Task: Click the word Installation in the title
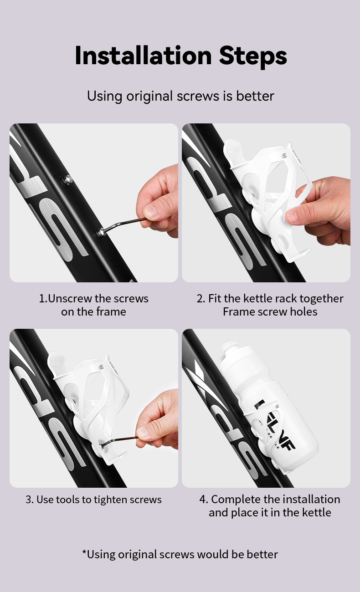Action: pos(143,56)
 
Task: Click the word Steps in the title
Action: pos(253,56)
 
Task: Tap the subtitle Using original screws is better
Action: pos(180,96)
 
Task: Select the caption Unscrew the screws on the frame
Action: pos(93,305)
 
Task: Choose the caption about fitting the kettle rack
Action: pos(270,305)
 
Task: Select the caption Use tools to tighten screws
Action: pos(93,500)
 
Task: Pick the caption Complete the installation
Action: pos(270,505)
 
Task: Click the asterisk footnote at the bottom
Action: pos(180,554)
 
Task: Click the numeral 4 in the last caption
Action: pos(203,500)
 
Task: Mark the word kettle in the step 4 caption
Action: pos(315,512)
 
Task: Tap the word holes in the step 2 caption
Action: pos(303,311)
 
